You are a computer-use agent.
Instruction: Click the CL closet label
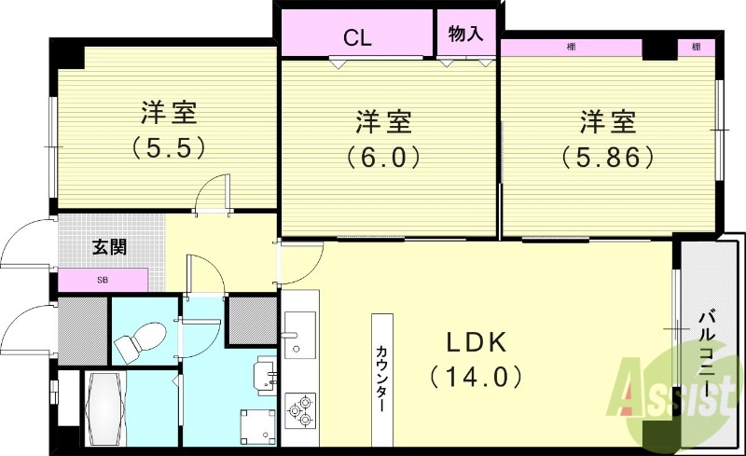tap(358, 38)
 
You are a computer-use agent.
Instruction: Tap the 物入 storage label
tap(465, 35)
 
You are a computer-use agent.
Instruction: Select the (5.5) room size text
tap(168, 146)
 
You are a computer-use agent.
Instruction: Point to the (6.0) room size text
tap(383, 156)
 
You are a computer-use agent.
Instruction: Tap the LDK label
tap(474, 343)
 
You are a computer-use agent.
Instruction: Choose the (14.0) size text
tap(474, 377)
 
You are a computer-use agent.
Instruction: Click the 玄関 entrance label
tap(110, 247)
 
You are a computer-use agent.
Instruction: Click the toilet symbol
tap(140, 340)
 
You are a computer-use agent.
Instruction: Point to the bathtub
tap(104, 410)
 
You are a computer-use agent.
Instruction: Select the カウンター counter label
tap(382, 379)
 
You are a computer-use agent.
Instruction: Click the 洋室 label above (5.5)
tap(168, 113)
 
